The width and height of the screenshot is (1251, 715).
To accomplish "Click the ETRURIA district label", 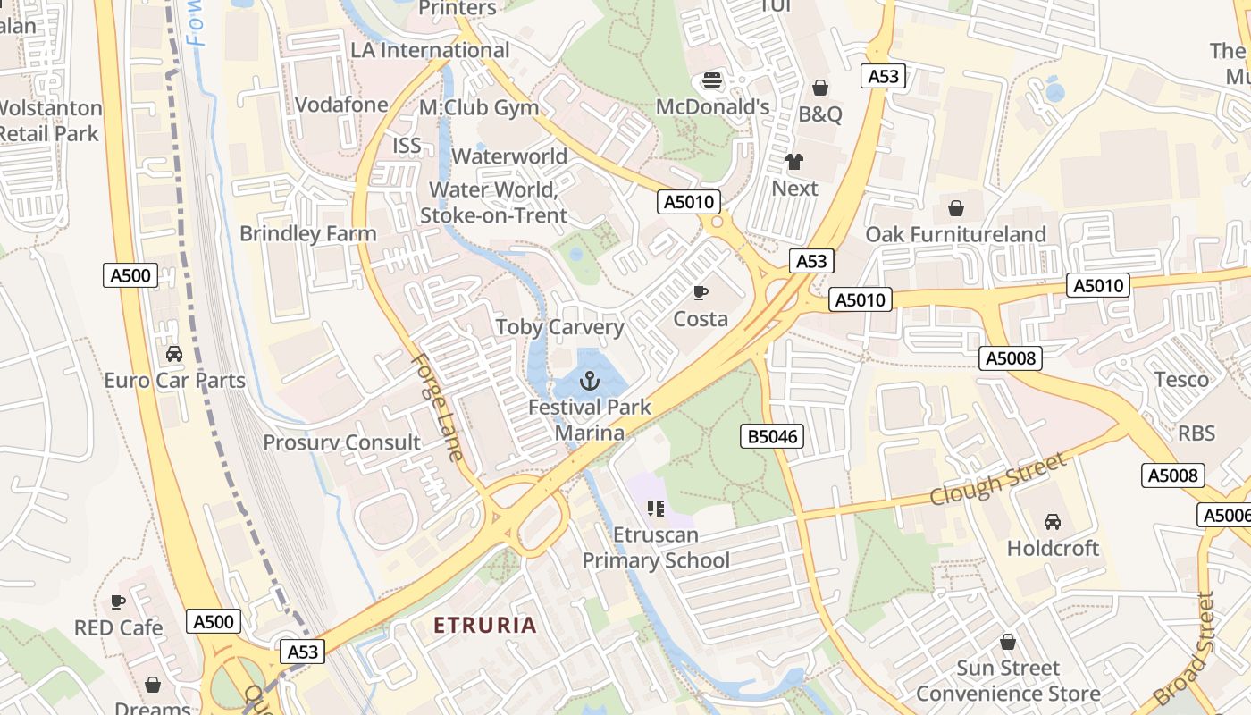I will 485,625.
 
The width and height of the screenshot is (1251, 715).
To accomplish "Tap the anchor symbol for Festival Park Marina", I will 589,382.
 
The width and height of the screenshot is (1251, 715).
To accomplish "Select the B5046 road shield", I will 772,436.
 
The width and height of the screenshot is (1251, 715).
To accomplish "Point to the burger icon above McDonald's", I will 712,80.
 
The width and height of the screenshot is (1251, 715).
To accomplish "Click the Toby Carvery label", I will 559,327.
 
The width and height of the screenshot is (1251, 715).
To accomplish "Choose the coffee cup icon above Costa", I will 701,292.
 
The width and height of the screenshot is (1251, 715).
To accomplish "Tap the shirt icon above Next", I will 794,162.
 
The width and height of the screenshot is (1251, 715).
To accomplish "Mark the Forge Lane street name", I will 438,408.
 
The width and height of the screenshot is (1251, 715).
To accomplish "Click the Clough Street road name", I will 998,478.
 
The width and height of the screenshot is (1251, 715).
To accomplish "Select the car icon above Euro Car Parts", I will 174,353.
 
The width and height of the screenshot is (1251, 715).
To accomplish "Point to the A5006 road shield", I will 1224,515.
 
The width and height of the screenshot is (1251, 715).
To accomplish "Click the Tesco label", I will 1181,380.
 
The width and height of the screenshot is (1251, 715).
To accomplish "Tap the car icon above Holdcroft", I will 1053,521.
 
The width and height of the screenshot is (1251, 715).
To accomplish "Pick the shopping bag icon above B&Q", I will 819,88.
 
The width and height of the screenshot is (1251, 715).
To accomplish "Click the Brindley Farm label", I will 307,234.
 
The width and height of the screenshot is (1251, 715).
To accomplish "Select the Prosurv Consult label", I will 341,442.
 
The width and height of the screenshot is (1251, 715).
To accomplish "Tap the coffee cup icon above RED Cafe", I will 118,601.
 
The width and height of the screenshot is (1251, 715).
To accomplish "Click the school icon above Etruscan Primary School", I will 656,509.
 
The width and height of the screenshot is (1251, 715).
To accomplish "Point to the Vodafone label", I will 341,105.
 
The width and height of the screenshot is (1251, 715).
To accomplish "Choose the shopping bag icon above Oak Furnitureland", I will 956,208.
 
